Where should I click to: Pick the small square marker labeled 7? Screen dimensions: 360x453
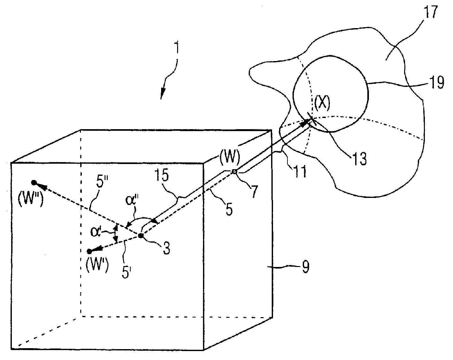pos(234,172)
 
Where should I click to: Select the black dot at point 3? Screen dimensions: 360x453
pos(140,236)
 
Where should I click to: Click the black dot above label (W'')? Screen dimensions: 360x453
pos(34,183)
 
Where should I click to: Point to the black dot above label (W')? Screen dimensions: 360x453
pos(90,251)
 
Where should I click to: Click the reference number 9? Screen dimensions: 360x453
pos(305,267)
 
